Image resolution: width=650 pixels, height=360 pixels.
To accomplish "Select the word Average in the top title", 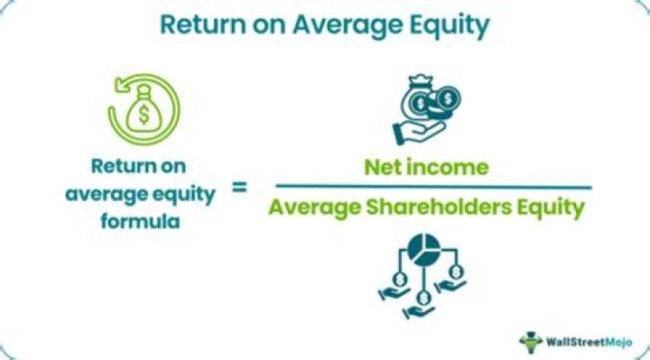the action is coord(348,26).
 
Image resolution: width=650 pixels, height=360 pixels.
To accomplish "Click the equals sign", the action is coord(239,188).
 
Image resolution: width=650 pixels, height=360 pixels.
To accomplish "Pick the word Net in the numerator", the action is coord(383,167).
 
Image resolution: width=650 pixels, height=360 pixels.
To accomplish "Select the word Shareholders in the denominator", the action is coord(439,207).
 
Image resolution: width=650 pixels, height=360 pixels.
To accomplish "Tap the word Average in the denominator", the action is coord(315,208).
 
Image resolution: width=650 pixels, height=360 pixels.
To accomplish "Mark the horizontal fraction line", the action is coord(433,188).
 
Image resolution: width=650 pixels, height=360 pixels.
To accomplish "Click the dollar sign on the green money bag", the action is coord(144,114).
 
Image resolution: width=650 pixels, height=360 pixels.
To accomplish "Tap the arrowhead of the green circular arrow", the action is coord(121,85).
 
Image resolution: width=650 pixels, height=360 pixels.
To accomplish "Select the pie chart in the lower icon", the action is coord(423,250).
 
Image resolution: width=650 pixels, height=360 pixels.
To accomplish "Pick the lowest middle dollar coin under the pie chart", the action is coord(423,298).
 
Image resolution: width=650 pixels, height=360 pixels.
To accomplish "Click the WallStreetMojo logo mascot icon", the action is coord(531,342).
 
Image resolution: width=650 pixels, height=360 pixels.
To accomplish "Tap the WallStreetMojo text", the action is coord(589,342).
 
